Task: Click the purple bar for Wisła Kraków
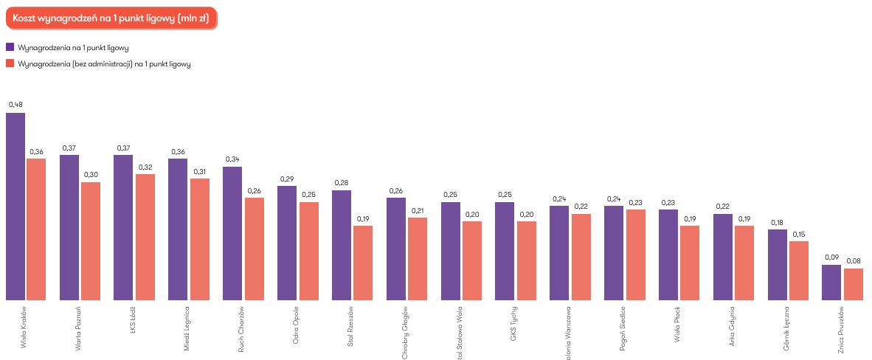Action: pyautogui.click(x=15, y=207)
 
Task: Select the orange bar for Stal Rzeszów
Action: pyautogui.click(x=363, y=263)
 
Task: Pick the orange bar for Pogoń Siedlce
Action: pyautogui.click(x=635, y=255)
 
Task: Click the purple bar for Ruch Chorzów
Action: pyautogui.click(x=232, y=233)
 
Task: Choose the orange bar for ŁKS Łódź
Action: pyautogui.click(x=145, y=237)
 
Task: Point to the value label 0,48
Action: pyautogui.click(x=15, y=105)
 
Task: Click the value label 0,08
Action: pyautogui.click(x=854, y=260)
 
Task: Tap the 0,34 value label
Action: pyautogui.click(x=232, y=159)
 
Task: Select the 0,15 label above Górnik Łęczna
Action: pyautogui.click(x=799, y=234)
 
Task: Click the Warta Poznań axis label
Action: pyautogui.click(x=79, y=327)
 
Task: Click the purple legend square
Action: pyautogui.click(x=10, y=48)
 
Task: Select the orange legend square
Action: pyautogui.click(x=10, y=64)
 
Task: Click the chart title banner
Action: pyautogui.click(x=109, y=18)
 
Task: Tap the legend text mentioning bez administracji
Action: pyautogui.click(x=104, y=64)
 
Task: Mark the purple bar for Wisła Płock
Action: pyautogui.click(x=668, y=255)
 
